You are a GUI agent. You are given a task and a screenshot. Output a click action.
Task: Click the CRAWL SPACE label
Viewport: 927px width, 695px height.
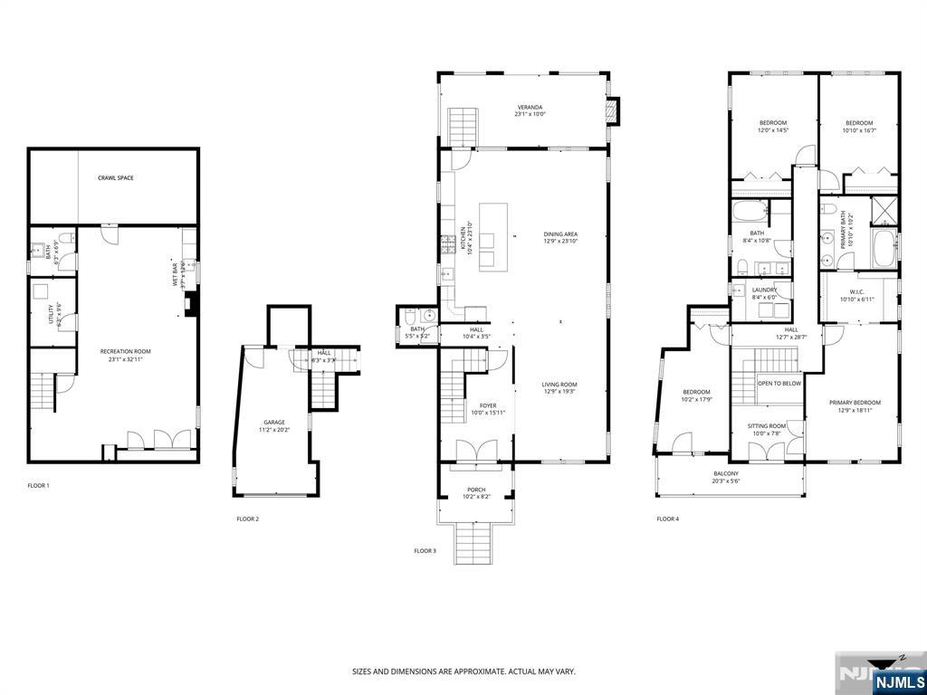pos(115,178)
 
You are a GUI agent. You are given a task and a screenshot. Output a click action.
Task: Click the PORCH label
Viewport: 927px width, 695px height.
pos(475,492)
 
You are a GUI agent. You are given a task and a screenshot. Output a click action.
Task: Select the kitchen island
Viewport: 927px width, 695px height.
pos(492,237)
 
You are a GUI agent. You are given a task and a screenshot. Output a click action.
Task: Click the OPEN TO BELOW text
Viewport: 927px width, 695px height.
pos(779,383)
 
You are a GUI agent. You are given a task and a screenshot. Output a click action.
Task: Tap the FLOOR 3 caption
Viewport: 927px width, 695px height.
pos(425,551)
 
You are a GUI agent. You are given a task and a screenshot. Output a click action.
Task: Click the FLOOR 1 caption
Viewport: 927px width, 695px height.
pos(38,486)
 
